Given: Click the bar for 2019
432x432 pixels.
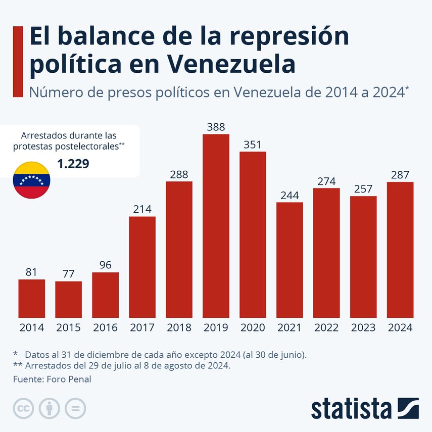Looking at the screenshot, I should pos(216,226).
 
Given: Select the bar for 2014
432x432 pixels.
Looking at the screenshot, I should pos(32,299).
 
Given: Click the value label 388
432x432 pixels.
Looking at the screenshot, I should pos(216,127).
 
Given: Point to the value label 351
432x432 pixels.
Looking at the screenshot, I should pos(253,145).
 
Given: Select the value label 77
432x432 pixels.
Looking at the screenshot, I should pos(68,274).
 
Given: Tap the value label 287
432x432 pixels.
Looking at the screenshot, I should pos(400,175).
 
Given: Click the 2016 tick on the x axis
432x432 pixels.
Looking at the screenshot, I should pos(105,327).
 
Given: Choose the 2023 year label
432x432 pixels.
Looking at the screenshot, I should pos(363,327).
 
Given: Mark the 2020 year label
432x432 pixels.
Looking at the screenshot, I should pos(253,327).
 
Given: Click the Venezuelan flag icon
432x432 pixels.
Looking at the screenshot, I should pos(31,180).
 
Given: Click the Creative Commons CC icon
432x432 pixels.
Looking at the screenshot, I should pos(23,408).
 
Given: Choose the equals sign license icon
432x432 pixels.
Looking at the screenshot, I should pos(75,408).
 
